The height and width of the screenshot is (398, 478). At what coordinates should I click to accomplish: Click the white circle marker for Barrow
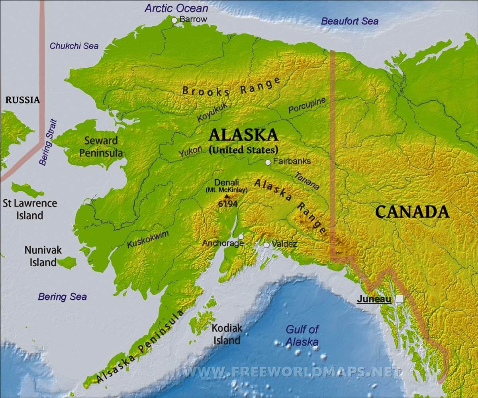click(174, 20)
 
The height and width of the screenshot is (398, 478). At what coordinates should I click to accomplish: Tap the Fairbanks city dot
click(268, 162)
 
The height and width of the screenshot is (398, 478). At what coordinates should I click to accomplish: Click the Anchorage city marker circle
click(241, 236)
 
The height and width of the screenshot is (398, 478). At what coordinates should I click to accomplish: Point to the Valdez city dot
click(266, 245)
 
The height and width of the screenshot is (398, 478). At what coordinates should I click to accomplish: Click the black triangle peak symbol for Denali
click(227, 196)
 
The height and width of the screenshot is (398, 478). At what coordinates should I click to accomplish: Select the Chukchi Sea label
click(74, 46)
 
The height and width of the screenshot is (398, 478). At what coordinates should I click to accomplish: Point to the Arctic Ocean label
click(176, 8)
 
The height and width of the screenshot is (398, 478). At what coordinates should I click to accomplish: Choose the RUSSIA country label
click(23, 100)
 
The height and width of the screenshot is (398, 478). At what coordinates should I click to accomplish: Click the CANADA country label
click(412, 212)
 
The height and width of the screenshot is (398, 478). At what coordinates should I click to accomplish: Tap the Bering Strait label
click(49, 142)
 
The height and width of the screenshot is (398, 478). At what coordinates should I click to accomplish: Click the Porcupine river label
click(307, 105)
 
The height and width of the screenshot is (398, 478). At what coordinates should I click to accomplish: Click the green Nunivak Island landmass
click(67, 262)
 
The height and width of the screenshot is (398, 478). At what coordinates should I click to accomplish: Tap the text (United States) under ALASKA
click(243, 150)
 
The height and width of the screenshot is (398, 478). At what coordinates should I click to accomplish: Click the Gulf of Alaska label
click(302, 336)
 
